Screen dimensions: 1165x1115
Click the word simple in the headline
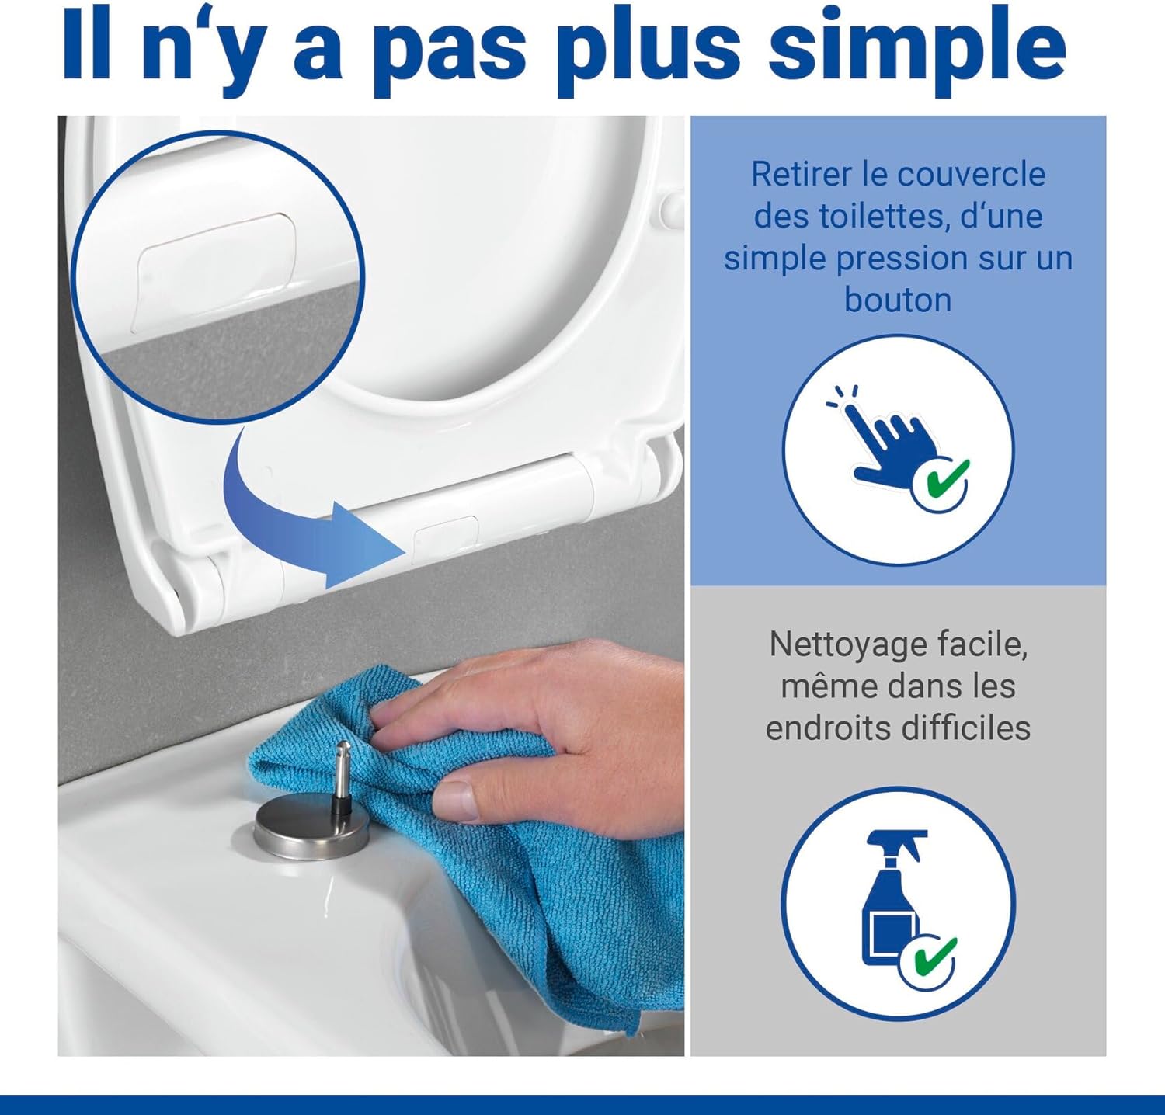pos(916,47)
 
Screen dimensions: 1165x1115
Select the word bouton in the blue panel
pos(898,300)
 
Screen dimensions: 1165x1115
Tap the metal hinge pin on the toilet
pos(342,777)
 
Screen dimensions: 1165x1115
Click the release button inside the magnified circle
pos(217,273)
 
